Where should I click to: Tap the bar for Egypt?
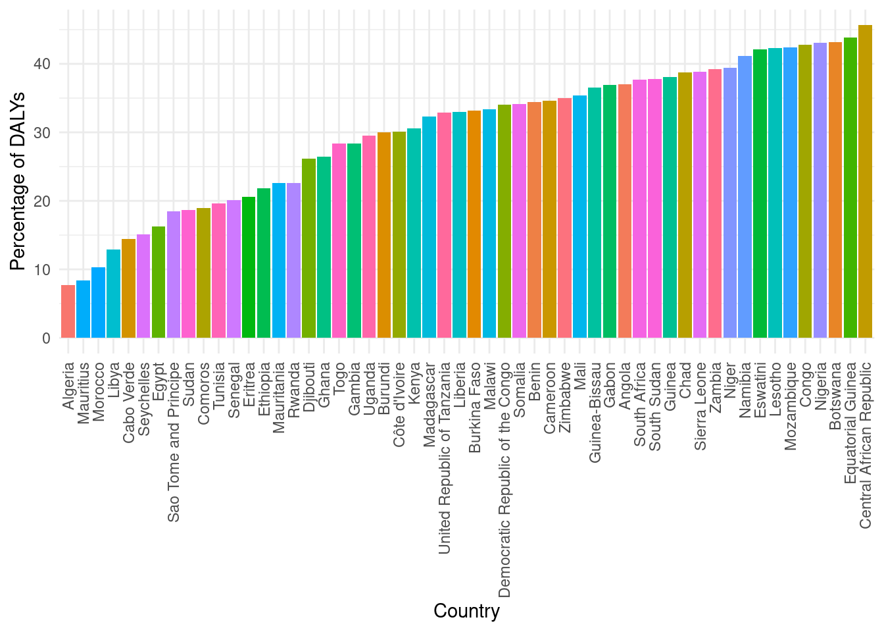pyautogui.click(x=159, y=282)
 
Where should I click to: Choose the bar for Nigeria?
pyautogui.click(x=820, y=190)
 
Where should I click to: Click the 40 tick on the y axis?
pyautogui.click(x=43, y=64)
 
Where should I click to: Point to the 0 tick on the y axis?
pyautogui.click(x=46, y=338)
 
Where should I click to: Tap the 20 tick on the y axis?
pyautogui.click(x=43, y=201)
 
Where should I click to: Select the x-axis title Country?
pyautogui.click(x=466, y=611)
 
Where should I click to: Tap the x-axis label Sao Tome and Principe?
pyautogui.click(x=174, y=442)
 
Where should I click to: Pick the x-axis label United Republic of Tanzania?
pyautogui.click(x=445, y=458)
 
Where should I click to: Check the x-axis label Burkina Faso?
pyautogui.click(x=475, y=408)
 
